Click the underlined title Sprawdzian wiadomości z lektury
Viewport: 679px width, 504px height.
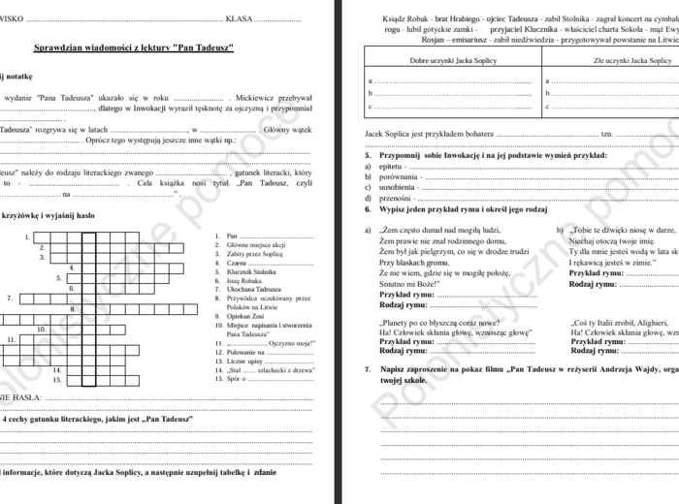coord(133,47)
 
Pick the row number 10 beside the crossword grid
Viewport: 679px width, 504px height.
coord(42,329)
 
